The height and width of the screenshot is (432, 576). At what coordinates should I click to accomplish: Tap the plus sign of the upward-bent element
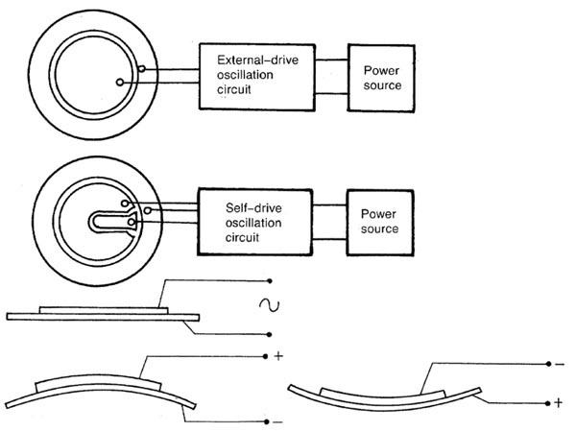[x=277, y=356]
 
